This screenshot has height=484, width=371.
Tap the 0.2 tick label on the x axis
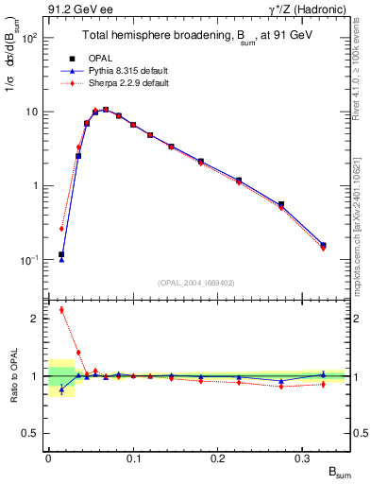click(219, 458)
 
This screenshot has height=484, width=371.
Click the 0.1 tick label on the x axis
click(133, 458)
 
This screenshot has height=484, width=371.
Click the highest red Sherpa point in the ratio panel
click(61, 310)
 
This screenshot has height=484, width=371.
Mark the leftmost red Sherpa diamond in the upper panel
click(61, 229)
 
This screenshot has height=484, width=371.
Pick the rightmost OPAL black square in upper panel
click(323, 245)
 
